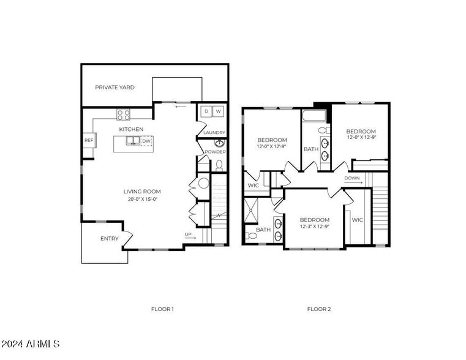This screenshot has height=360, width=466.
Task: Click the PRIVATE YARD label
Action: (x=115, y=88)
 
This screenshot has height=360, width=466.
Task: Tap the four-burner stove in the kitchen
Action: (x=124, y=114)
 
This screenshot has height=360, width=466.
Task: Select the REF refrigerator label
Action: (x=88, y=140)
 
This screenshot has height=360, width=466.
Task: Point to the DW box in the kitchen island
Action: (x=146, y=141)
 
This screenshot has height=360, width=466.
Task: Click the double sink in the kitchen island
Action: (x=133, y=141)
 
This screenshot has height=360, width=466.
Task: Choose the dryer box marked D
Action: (x=206, y=111)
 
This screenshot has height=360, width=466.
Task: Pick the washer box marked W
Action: (x=218, y=111)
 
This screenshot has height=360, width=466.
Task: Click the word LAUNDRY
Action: (x=214, y=133)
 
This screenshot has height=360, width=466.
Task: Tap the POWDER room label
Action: (x=215, y=152)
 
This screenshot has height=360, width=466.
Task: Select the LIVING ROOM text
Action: (x=142, y=192)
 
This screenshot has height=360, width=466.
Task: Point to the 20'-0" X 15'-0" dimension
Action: (x=142, y=199)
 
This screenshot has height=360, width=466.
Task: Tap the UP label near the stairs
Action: (x=189, y=234)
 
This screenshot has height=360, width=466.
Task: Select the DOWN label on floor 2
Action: (x=352, y=178)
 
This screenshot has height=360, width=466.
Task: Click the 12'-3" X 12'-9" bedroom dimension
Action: (x=315, y=227)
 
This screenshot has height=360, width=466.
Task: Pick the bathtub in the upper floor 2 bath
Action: (x=315, y=116)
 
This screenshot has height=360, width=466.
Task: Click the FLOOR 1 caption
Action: (x=162, y=309)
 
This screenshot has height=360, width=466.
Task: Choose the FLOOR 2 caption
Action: (x=319, y=309)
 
